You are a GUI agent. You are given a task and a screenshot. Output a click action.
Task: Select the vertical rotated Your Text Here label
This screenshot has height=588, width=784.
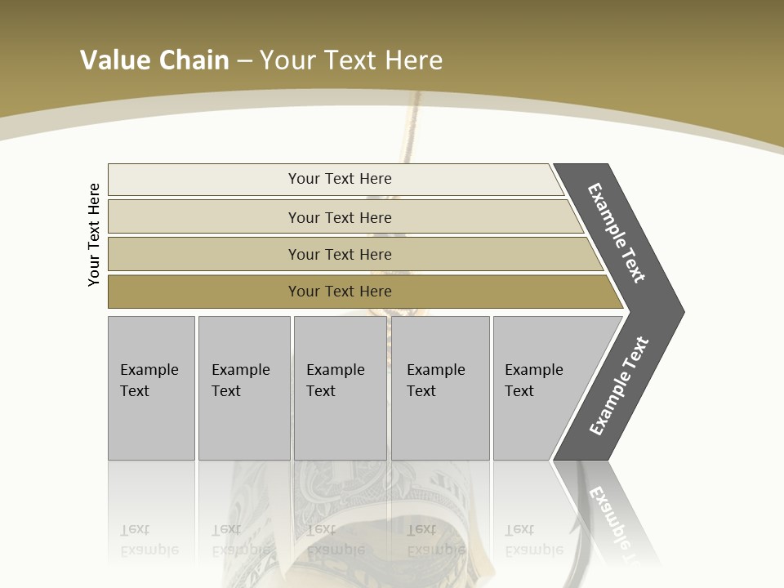[94, 234]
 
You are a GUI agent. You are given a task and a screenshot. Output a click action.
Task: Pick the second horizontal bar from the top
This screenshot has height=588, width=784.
[339, 217]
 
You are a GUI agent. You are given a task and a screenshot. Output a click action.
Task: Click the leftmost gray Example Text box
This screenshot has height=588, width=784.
[151, 388]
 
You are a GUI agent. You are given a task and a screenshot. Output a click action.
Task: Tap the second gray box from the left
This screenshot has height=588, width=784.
[244, 388]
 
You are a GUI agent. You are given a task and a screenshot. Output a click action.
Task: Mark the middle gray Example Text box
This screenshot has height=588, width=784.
[341, 388]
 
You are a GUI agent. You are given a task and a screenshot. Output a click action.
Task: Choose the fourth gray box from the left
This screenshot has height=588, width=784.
[440, 388]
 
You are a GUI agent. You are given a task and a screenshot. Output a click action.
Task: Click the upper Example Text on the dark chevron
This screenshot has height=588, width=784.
[617, 233]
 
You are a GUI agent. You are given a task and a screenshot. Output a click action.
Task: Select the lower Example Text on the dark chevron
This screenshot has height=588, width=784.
[619, 386]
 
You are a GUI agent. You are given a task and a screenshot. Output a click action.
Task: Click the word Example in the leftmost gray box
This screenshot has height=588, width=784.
[149, 370]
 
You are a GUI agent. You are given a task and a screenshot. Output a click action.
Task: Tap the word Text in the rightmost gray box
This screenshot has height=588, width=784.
[519, 391]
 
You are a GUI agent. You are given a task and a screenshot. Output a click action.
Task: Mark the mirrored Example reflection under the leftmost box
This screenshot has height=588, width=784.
[149, 550]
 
